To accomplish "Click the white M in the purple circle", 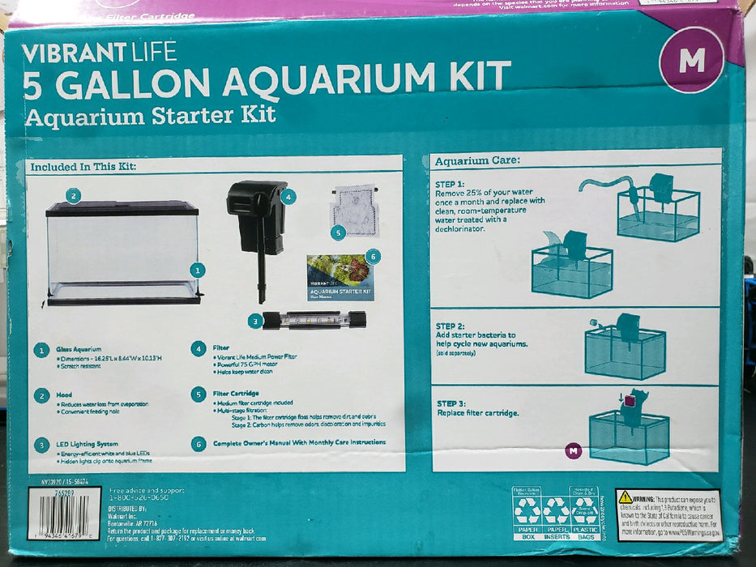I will coord(691,62).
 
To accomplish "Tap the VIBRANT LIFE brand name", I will coord(99,53).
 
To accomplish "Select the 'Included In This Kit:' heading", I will coord(83,167).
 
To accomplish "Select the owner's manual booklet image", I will coord(339,278).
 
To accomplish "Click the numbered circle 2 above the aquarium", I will coord(73,195).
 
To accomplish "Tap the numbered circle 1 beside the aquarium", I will coord(197,271).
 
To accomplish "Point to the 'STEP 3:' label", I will coord(451,403).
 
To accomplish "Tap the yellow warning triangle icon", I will coord(626,497).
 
